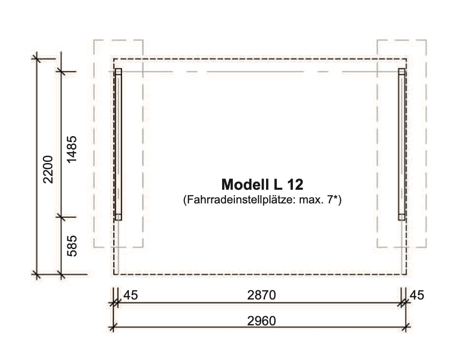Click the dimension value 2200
(48, 169)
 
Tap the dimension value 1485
(72, 149)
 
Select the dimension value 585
(72, 246)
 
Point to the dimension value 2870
(262, 295)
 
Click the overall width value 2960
(262, 321)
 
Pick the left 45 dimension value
(131, 295)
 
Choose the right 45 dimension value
(417, 295)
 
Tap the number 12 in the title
(295, 184)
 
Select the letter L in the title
(278, 184)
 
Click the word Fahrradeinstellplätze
(240, 200)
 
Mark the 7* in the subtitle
(334, 200)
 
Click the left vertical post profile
(118, 144)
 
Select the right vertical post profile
(402, 144)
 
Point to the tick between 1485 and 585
(61, 217)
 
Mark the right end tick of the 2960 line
(406, 327)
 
